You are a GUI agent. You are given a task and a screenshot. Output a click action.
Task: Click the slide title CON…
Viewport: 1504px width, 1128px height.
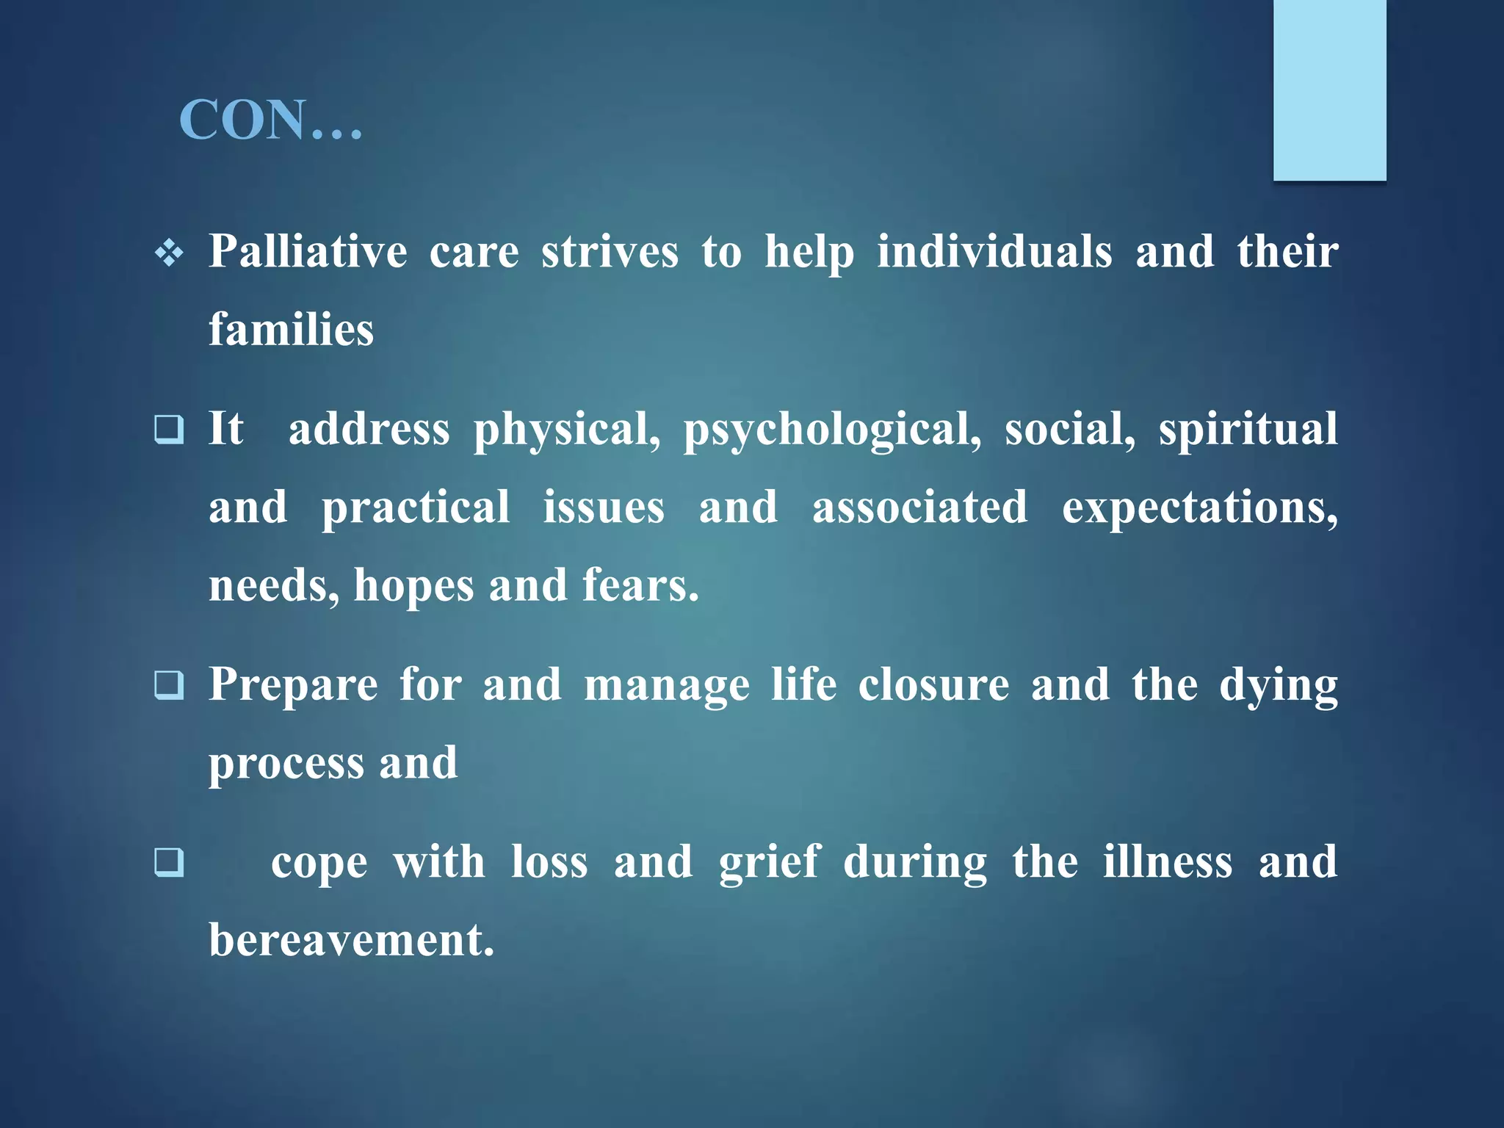click(270, 120)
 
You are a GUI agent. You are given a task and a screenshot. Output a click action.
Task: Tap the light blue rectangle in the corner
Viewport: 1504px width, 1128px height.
click(1329, 90)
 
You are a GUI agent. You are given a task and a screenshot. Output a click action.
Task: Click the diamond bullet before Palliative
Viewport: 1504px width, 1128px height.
click(170, 254)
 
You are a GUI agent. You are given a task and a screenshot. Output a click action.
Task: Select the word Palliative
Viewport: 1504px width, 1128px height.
click(308, 252)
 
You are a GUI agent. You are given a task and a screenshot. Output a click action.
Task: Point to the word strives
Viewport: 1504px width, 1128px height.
click(610, 252)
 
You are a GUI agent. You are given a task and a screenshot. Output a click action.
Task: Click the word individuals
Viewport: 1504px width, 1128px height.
click(994, 252)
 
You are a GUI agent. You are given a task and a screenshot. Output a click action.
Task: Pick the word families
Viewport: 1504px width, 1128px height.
click(292, 329)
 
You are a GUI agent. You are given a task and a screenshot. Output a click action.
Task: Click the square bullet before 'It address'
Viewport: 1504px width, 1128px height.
click(169, 430)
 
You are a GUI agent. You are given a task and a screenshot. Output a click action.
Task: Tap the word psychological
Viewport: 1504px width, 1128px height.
click(832, 430)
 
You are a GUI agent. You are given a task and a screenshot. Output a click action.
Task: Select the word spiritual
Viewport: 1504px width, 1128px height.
click(1248, 430)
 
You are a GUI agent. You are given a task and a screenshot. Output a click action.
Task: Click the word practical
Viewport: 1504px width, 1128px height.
click(416, 508)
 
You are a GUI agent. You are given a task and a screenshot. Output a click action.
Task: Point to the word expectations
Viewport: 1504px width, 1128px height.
click(1199, 508)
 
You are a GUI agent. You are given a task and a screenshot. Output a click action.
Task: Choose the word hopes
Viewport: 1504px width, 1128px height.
click(414, 586)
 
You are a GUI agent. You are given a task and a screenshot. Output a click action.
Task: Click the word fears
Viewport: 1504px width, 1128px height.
click(640, 586)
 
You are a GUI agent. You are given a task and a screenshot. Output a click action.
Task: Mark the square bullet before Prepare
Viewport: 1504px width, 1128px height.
click(169, 686)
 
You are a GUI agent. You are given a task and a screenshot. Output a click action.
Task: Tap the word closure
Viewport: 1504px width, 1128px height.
click(933, 686)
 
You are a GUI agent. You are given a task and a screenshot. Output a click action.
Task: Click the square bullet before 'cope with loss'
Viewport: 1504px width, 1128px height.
click(169, 862)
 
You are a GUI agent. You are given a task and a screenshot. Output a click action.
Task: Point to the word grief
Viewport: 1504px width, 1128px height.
click(769, 862)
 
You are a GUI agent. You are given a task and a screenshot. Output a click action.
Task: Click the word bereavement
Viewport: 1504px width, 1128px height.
click(351, 940)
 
